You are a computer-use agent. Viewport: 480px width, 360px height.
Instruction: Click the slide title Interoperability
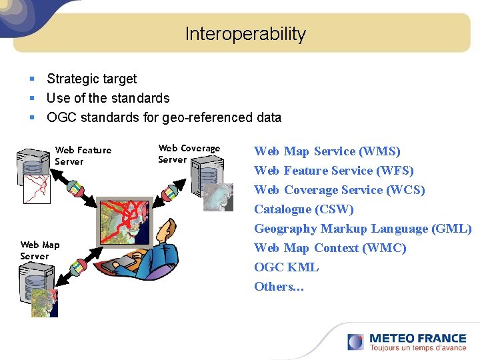[245, 34]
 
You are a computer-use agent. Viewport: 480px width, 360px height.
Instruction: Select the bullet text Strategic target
[91, 79]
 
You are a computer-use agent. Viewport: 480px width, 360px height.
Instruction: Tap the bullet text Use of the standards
[108, 98]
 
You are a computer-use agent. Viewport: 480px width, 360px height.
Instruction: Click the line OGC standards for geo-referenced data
[163, 117]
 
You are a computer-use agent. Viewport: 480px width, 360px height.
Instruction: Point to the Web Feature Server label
[83, 155]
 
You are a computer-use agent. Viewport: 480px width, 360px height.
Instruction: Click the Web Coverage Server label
[189, 153]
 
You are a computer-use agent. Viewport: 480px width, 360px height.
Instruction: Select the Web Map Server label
[39, 250]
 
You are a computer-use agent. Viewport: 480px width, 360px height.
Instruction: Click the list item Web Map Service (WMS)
[327, 151]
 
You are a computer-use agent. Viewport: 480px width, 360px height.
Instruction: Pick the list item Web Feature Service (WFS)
[333, 171]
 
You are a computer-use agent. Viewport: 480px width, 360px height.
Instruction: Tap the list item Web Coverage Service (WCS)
[339, 190]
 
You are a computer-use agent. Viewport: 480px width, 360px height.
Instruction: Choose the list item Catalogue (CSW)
[303, 209]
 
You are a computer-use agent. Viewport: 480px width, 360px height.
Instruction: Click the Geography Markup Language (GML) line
[362, 229]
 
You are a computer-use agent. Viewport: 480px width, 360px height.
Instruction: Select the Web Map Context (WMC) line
[329, 248]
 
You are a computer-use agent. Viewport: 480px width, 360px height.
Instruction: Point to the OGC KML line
[286, 267]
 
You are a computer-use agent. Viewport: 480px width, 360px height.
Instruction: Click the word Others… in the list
[279, 287]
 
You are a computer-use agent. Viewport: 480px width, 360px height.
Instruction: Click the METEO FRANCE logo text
[417, 338]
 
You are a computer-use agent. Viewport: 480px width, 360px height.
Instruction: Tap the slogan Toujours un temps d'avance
[417, 347]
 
